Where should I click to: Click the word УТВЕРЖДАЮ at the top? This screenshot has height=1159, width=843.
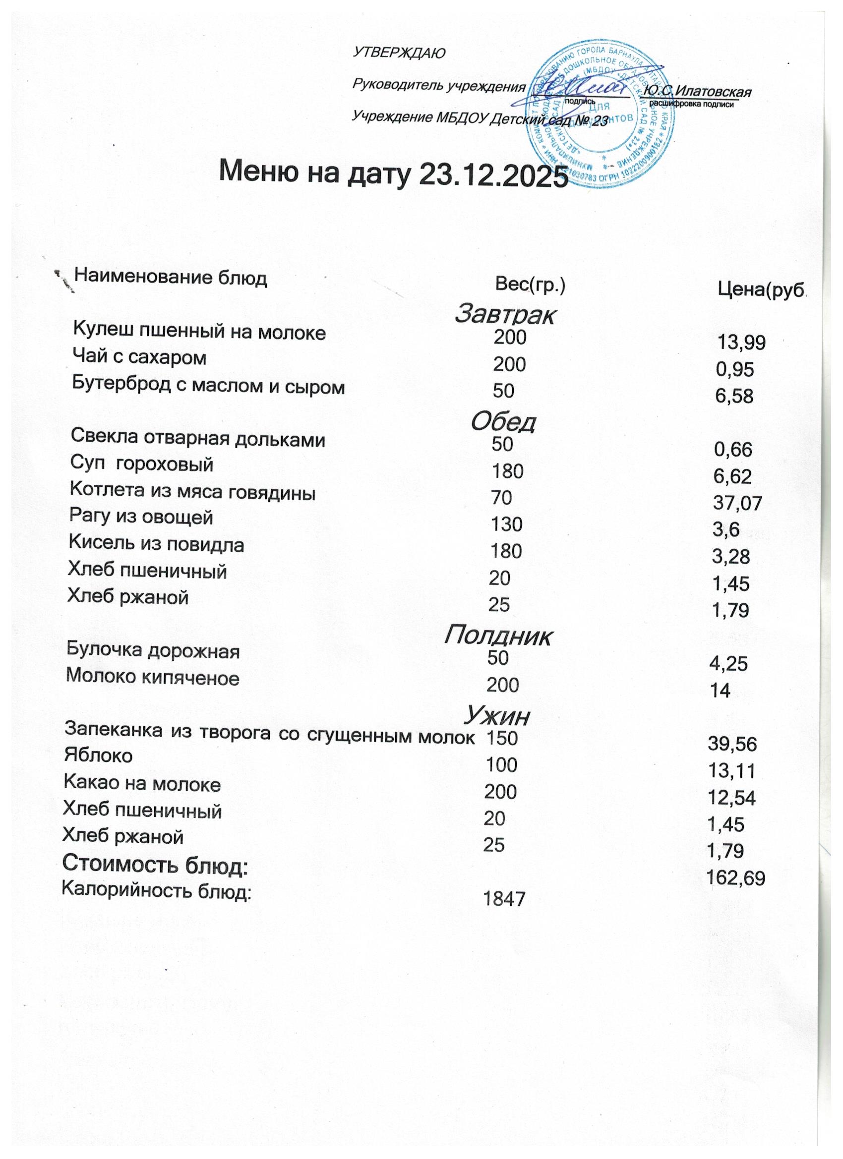click(x=399, y=53)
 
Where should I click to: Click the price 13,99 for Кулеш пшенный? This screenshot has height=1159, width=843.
click(x=741, y=343)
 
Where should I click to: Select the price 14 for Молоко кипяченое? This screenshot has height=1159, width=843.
click(x=720, y=691)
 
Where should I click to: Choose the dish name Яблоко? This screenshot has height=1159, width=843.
click(x=98, y=756)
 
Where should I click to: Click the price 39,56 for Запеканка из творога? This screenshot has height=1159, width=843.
click(x=731, y=745)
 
